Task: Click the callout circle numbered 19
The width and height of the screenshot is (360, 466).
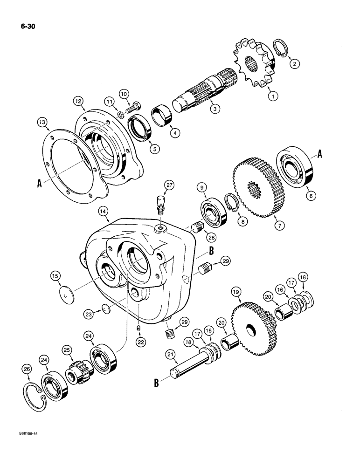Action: click(x=235, y=292)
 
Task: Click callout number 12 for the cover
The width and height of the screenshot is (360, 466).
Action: click(x=78, y=101)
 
